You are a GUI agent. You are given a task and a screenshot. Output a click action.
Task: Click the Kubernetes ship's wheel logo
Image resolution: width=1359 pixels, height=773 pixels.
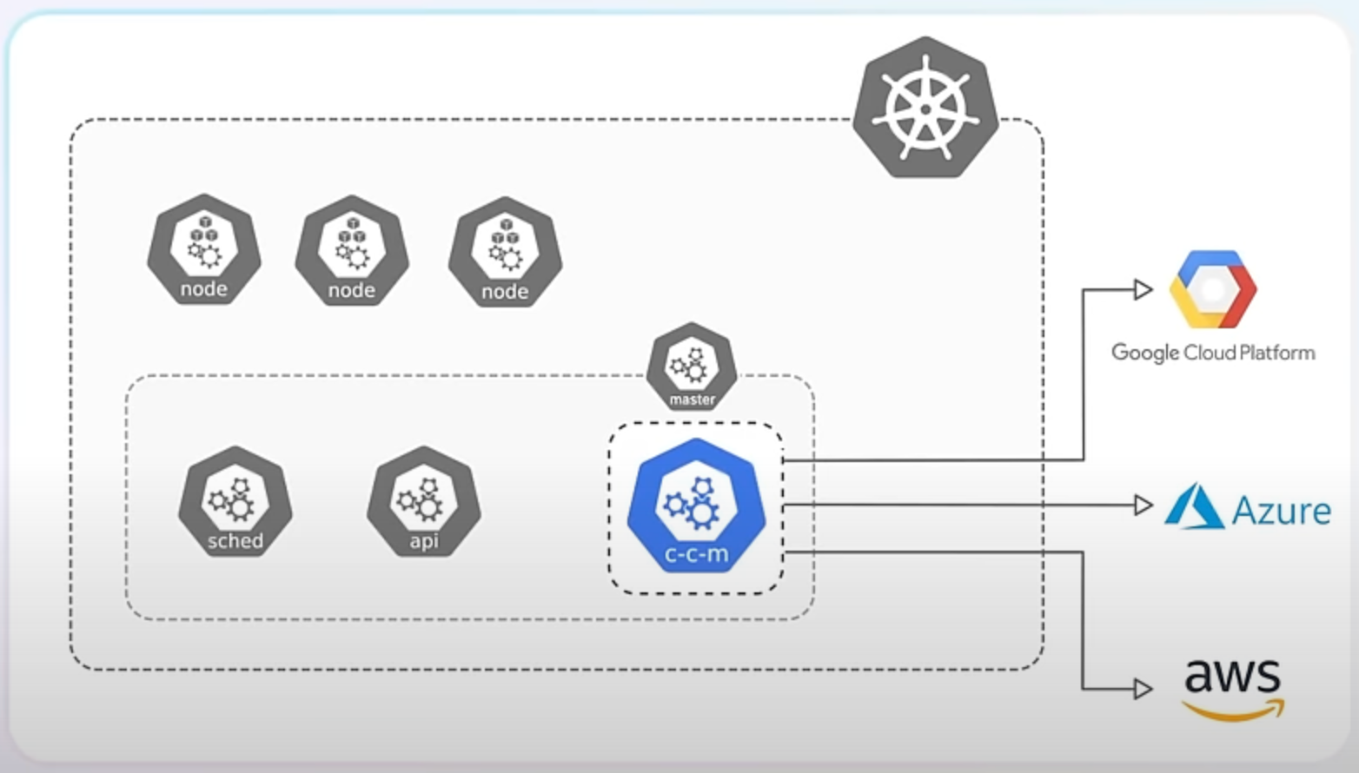(925, 108)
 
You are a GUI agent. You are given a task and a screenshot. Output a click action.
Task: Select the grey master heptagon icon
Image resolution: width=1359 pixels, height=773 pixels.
(692, 366)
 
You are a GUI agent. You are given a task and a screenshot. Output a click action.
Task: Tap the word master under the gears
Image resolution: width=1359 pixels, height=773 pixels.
(692, 400)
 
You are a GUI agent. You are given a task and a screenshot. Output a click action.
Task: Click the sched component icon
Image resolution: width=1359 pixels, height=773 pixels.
(235, 501)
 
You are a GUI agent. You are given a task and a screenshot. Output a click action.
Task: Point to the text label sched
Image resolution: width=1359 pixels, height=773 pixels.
(235, 541)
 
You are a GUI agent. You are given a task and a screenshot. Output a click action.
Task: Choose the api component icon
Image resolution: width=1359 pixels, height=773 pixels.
(423, 501)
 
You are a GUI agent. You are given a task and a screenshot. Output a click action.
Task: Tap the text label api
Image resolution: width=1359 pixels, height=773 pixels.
(423, 541)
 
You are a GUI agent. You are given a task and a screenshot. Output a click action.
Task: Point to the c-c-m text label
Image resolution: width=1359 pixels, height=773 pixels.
(696, 554)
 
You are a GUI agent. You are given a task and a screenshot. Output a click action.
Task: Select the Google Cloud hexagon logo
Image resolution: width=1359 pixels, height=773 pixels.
(1212, 289)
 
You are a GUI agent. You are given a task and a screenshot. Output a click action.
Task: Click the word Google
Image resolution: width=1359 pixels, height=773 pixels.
(1146, 353)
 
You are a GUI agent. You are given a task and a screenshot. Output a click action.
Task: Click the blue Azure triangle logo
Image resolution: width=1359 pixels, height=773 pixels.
(1195, 506)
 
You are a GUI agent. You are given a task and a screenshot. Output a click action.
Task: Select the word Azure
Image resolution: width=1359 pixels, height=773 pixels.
(1282, 511)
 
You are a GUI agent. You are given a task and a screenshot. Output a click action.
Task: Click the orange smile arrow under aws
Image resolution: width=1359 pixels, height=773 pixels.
(1234, 711)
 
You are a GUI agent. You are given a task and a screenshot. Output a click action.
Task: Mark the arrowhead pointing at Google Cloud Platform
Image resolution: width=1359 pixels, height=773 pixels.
(1144, 289)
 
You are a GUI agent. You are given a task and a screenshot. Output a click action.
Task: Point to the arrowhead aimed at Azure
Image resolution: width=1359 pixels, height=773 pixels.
(1144, 505)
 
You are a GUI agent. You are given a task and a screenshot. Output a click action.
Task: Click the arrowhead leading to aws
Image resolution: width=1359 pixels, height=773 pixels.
(1144, 689)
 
